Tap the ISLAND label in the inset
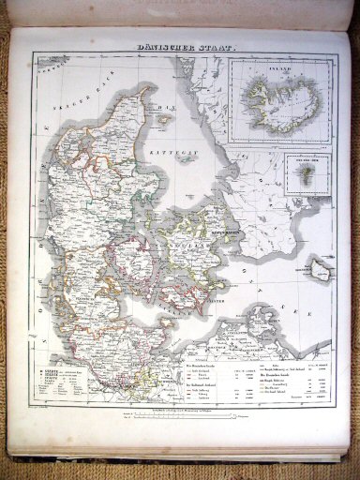pyautogui.click(x=277, y=68)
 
